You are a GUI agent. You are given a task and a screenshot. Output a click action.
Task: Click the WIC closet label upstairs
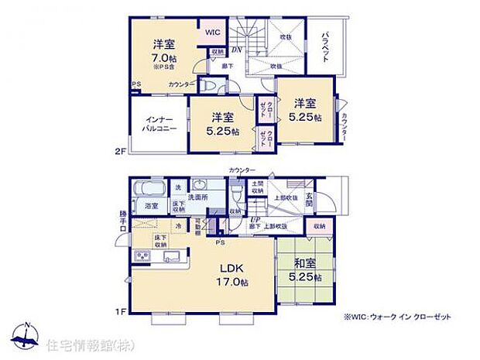[213, 32]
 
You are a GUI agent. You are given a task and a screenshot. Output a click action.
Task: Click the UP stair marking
[253, 219]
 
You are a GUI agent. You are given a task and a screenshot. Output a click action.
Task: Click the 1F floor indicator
[120, 311]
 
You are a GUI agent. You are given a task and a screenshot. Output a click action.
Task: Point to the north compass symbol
[27, 335]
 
